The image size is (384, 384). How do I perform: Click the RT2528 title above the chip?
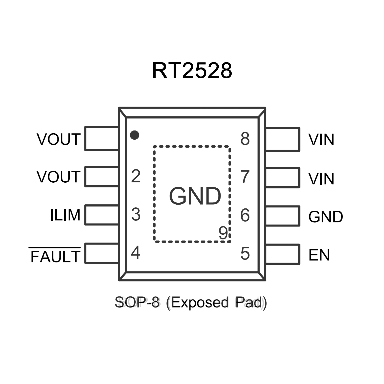coord(192,71)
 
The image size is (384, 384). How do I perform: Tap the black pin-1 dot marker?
coord(134,135)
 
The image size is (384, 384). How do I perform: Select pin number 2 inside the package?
coord(136,176)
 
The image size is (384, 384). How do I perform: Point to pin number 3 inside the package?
coord(136,214)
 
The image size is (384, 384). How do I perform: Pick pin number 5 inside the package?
coord(245,253)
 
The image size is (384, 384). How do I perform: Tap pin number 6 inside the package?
coord(245,215)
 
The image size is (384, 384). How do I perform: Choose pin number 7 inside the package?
coord(245,177)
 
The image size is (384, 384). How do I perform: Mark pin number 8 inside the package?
coord(245,139)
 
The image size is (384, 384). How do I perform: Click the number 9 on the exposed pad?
coord(223,233)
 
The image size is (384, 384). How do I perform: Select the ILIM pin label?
coord(65,215)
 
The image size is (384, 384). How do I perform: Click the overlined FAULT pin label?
coord(55,256)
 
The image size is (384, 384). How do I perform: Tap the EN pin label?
coord(319,255)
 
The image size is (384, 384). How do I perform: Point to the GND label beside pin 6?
coord(325,217)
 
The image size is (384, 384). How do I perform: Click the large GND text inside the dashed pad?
coord(195,196)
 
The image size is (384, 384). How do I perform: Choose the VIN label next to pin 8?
coord(321,140)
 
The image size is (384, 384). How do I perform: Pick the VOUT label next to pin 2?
coord(59,177)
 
